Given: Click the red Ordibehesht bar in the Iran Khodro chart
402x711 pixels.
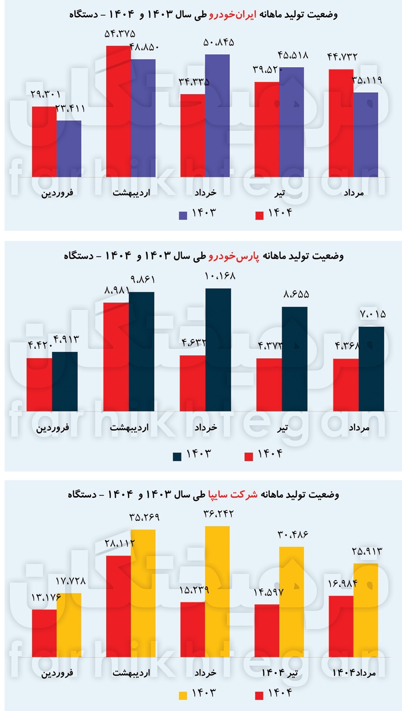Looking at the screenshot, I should [x=118, y=111].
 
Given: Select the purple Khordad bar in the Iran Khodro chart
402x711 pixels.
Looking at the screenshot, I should [x=218, y=115].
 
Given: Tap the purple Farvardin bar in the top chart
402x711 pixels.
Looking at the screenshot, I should [x=69, y=148].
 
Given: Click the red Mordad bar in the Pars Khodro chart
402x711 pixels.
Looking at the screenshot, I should [x=346, y=385].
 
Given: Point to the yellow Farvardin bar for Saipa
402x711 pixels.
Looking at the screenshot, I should [x=69, y=625].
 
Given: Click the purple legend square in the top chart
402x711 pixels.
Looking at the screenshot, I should [x=183, y=215].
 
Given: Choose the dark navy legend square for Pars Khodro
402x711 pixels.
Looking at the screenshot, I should [x=177, y=456].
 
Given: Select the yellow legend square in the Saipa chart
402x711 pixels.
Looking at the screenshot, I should [x=183, y=695].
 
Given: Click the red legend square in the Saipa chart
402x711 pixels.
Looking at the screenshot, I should [x=259, y=695].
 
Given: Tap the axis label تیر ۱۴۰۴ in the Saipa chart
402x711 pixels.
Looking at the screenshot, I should [x=282, y=673].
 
